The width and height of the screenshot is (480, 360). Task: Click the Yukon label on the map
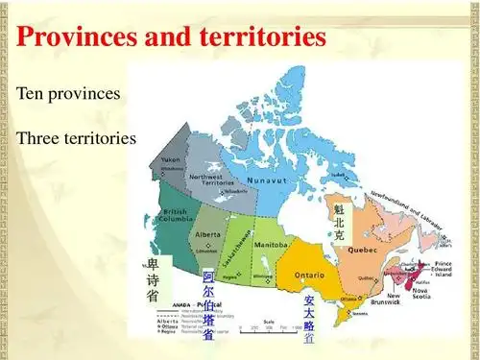[x=171, y=159]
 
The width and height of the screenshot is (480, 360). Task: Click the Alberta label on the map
[x=208, y=234]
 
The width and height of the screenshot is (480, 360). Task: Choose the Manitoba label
[x=272, y=245]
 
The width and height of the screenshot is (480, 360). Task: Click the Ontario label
[x=309, y=276]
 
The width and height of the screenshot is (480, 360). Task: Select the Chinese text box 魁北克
[x=339, y=221]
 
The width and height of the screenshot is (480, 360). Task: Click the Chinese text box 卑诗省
[x=153, y=280]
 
